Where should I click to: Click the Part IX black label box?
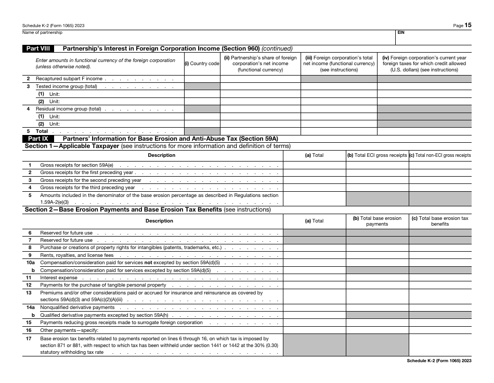tap(37, 139)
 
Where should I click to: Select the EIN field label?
tap(401, 32)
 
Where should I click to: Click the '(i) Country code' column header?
tap(202, 64)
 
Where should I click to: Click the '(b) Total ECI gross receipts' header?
tap(377, 155)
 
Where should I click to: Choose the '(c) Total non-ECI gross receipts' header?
tap(440, 155)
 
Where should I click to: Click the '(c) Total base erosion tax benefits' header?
tap(440, 221)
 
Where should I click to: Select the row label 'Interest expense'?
tap(59, 278)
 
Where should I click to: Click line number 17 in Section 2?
tap(30, 339)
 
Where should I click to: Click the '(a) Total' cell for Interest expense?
tap(314, 278)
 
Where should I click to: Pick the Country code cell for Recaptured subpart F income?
tap(202, 79)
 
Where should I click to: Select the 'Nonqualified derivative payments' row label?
tap(77, 307)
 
